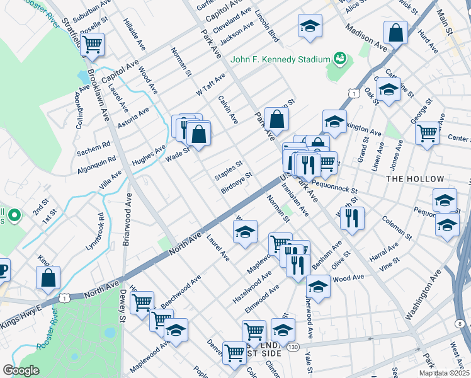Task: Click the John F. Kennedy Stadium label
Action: pyautogui.click(x=280, y=59)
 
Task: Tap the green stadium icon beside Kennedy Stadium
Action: pyautogui.click(x=340, y=59)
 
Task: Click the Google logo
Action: pyautogui.click(x=21, y=370)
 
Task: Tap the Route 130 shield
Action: pyautogui.click(x=291, y=346)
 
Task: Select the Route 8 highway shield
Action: pyautogui.click(x=460, y=323)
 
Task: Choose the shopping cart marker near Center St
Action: pyautogui.click(x=427, y=134)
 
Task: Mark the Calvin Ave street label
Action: pyautogui.click(x=228, y=109)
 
